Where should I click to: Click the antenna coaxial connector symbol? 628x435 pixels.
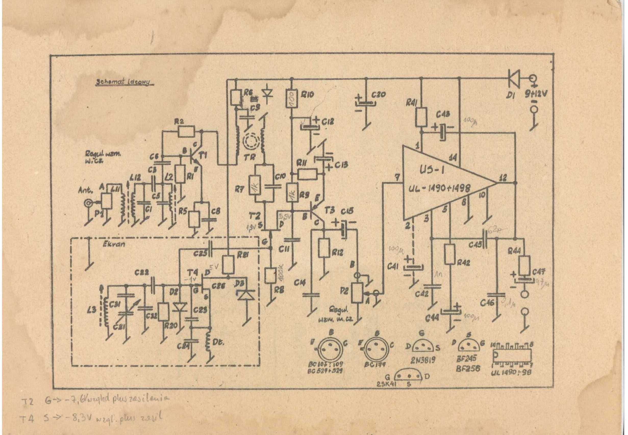[89, 203]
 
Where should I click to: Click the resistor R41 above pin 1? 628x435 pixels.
[421, 117]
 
